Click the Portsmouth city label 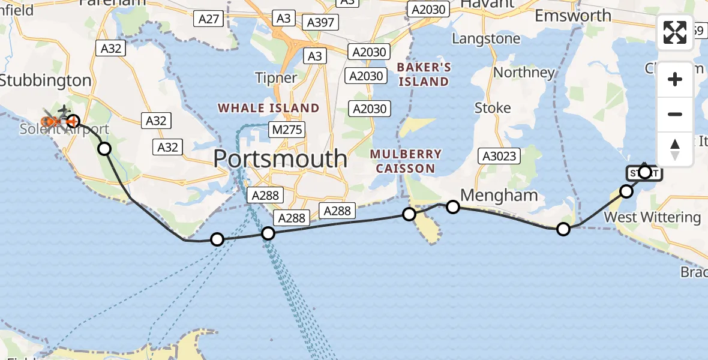click(280, 158)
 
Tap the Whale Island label click(268, 108)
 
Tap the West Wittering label click(652, 217)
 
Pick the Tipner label click(276, 78)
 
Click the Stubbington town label click(46, 80)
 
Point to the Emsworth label click(573, 16)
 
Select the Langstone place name click(486, 39)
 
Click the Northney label click(523, 73)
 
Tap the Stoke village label click(493, 108)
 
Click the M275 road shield click(287, 130)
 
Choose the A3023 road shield click(497, 157)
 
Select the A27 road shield click(209, 19)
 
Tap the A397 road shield click(321, 23)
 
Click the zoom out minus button click(675, 114)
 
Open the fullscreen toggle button click(675, 32)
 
